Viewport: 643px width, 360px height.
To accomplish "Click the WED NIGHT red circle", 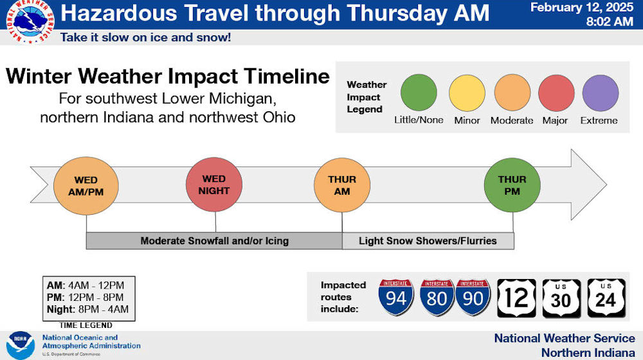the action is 213,184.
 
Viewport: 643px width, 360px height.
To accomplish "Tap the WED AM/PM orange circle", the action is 86,186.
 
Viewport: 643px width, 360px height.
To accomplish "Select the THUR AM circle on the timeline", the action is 342,185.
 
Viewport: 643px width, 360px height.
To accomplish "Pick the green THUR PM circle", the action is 512,185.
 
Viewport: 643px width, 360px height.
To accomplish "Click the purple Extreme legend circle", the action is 601,93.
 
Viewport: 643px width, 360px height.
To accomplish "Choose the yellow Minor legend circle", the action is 467,93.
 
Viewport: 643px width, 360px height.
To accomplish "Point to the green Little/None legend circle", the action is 419,93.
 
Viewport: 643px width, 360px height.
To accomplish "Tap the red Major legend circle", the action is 556,93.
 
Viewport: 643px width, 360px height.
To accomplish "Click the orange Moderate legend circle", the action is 512,93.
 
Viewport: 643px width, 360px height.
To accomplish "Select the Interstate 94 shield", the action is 395,297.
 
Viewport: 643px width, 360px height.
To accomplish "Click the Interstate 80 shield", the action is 437,297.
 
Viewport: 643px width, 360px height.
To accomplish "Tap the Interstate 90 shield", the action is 473,297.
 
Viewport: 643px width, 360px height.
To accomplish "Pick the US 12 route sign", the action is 517,298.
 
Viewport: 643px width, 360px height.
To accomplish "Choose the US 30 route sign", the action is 561,298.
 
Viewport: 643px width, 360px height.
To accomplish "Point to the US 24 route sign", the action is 606,298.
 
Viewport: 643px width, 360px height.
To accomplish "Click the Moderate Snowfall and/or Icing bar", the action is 214,240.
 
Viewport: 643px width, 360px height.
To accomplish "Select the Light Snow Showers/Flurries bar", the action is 428,240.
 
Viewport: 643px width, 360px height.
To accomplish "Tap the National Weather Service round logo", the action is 30,21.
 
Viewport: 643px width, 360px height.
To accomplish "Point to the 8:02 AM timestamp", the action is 610,21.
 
